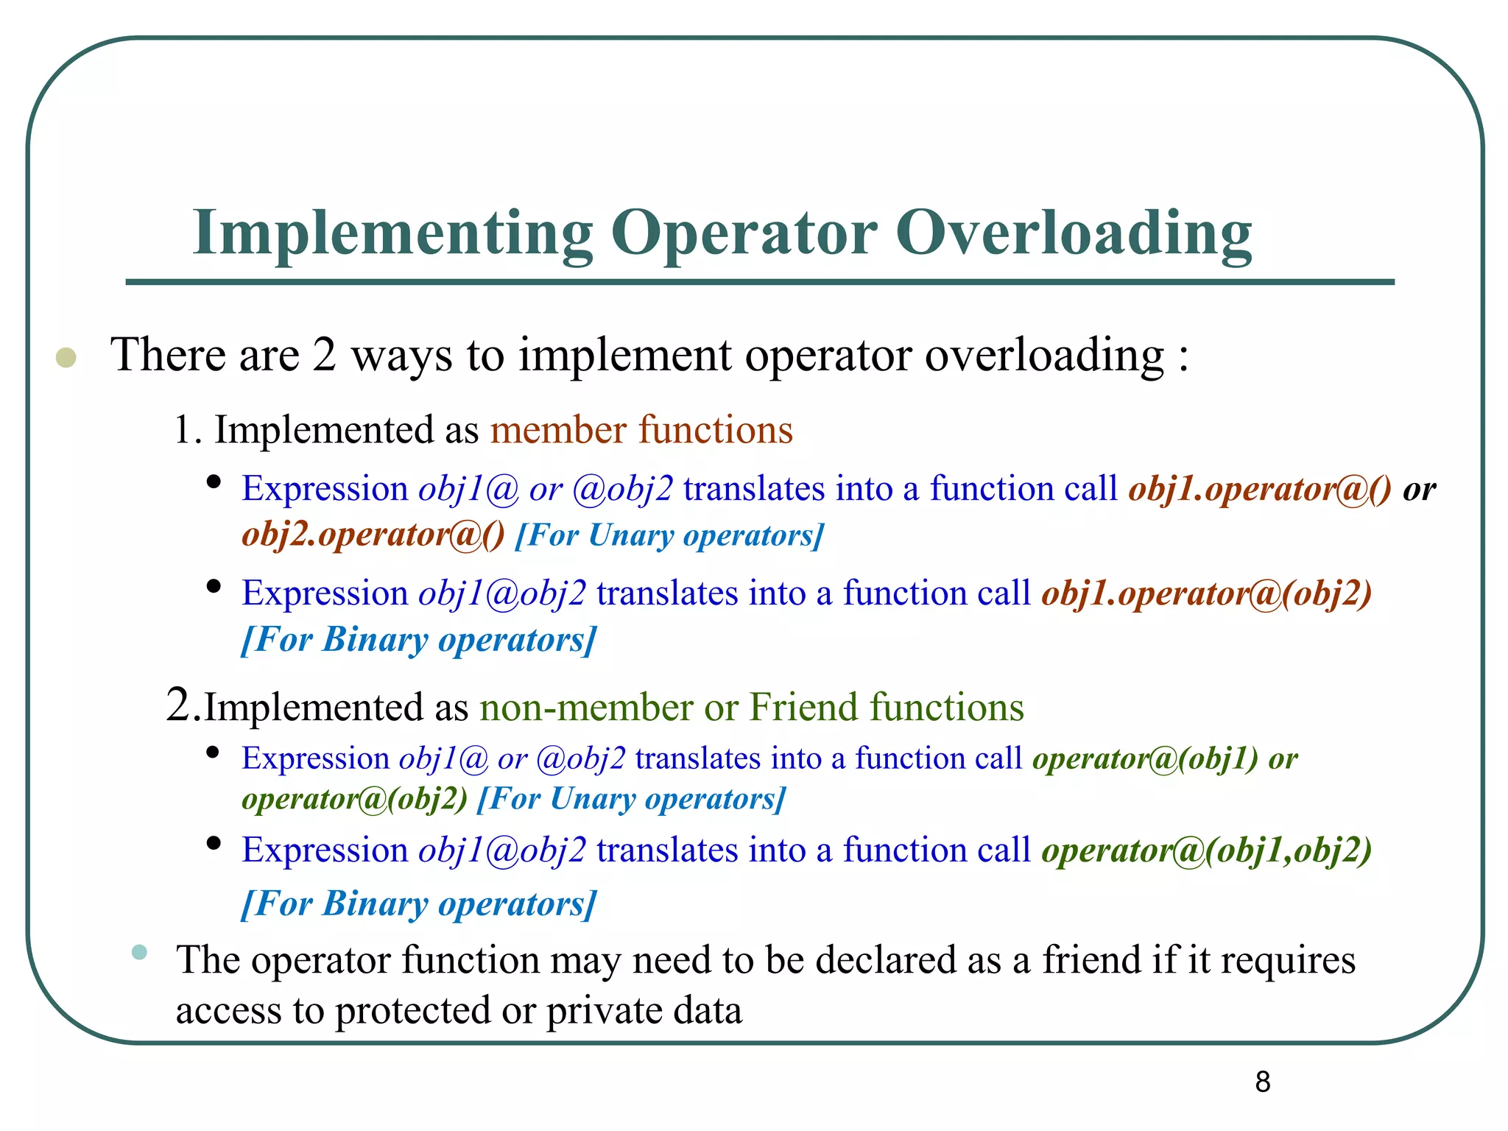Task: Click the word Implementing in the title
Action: [392, 234]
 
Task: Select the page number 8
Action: [1262, 1082]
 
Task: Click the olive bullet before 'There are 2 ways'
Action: [66, 358]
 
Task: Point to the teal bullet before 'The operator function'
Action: [139, 952]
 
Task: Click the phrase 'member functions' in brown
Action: [641, 430]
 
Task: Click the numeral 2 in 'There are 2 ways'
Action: [324, 356]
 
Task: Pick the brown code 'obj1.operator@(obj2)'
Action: [1206, 593]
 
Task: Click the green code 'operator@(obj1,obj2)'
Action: [1206, 850]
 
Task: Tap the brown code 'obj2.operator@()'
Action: [373, 535]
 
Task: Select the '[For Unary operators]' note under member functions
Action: [669, 535]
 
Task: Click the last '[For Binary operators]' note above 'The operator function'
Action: [418, 903]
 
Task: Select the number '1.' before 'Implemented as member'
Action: [188, 430]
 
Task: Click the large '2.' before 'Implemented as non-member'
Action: [183, 705]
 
